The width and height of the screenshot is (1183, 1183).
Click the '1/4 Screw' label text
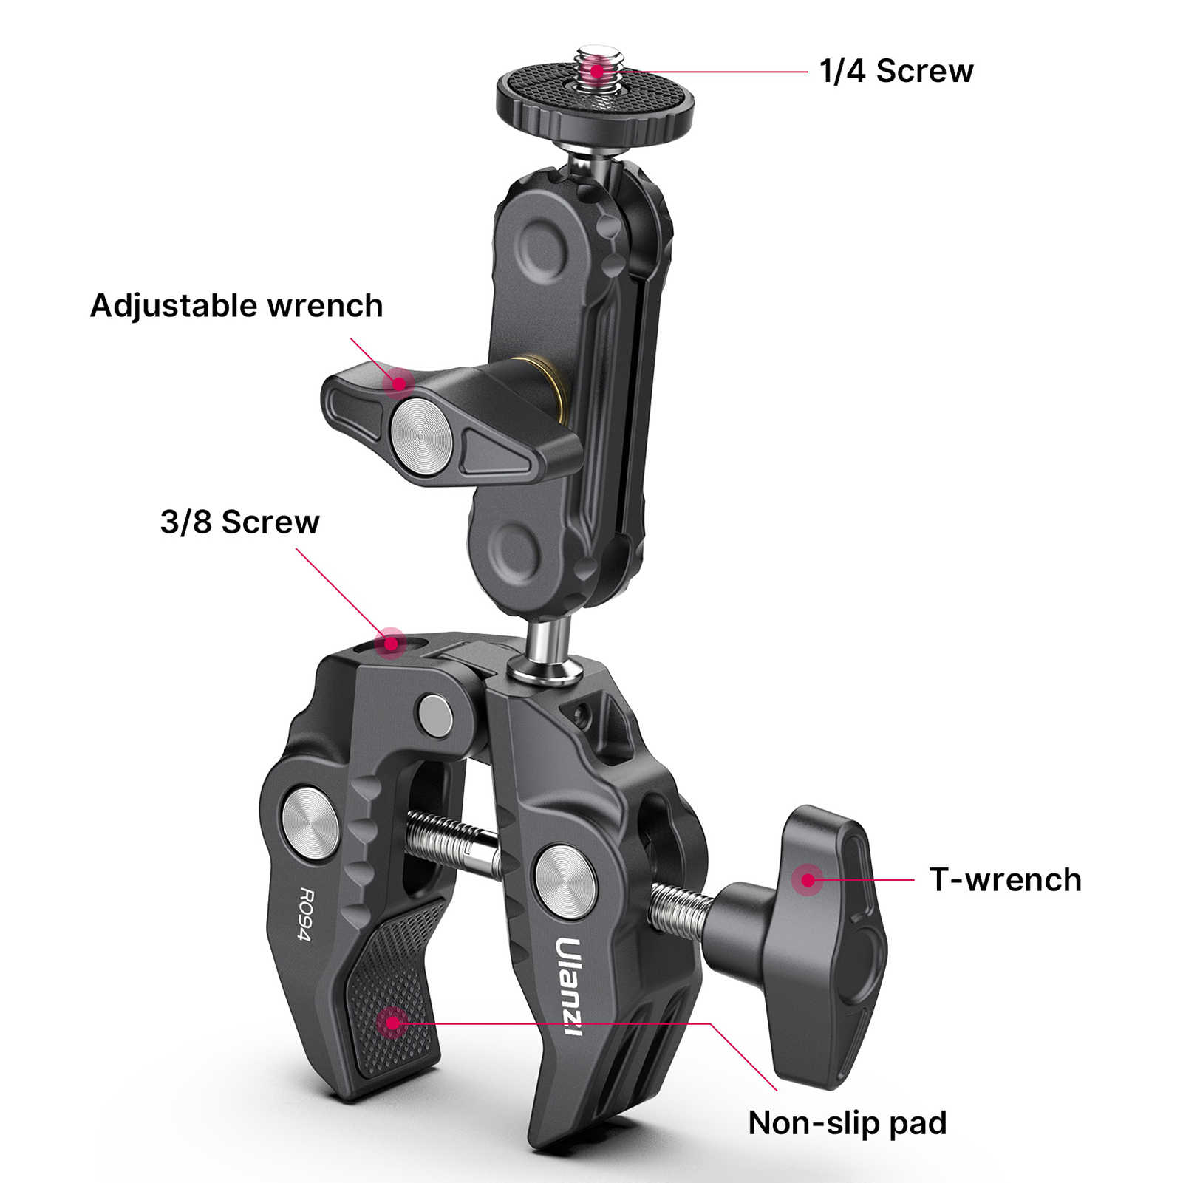pos(896,72)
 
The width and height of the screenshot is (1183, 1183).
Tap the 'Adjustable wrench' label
pos(236,306)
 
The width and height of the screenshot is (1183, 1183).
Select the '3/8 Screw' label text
pos(239,522)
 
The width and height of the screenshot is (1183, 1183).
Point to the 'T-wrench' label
pos(1005,879)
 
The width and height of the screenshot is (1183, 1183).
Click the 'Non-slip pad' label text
pos(847,1123)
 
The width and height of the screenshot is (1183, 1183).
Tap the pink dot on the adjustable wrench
pos(399,382)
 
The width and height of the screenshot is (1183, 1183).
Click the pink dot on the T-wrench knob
pos(808,879)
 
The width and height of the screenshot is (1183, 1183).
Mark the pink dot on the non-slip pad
pos(392,1023)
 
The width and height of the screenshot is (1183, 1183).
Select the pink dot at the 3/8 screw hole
pos(390,642)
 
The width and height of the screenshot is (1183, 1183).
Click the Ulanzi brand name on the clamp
pos(569,986)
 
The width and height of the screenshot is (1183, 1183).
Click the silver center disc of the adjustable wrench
pos(420,436)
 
